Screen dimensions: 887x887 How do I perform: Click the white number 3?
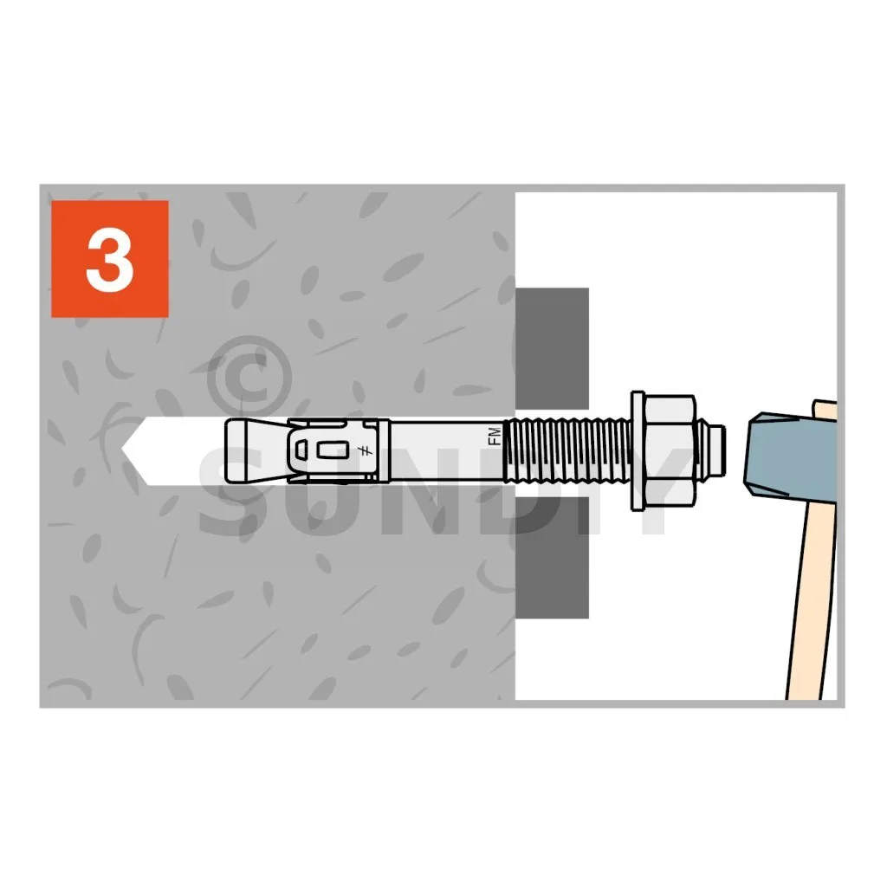[x=110, y=260]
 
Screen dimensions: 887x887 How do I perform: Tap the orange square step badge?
[x=110, y=259]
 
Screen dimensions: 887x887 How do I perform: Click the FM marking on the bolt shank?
[x=494, y=437]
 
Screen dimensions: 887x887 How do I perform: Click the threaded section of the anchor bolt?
[x=567, y=450]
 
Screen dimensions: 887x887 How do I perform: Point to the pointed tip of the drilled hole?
[x=121, y=450]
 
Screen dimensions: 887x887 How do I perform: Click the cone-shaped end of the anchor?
[x=255, y=450]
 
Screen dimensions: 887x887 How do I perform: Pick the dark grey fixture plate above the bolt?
[x=552, y=347]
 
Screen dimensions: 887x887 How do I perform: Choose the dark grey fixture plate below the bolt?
[x=552, y=560]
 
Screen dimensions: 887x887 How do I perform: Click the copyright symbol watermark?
[x=249, y=376]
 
